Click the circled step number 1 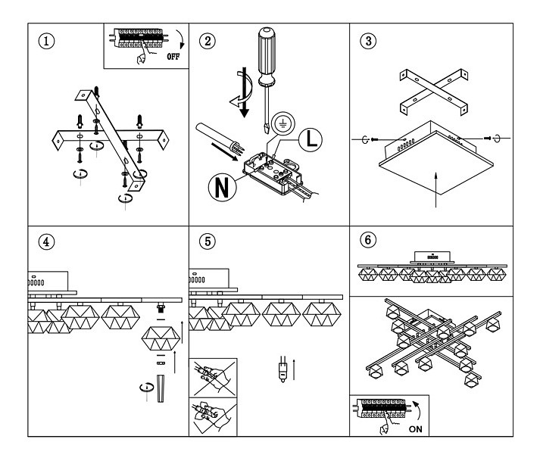[x=46, y=42]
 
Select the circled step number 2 [x=208, y=42]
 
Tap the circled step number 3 [x=368, y=41]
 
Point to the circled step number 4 [x=46, y=241]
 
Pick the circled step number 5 [x=208, y=241]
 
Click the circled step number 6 [x=368, y=240]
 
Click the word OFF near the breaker [x=173, y=57]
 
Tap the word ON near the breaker [x=415, y=429]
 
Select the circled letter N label [x=223, y=188]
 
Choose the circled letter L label [x=311, y=139]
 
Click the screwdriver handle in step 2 [x=267, y=56]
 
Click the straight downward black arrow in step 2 [x=244, y=92]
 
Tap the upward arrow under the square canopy [x=436, y=190]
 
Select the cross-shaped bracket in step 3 [x=434, y=92]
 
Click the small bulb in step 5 [x=282, y=369]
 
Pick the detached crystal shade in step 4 [x=161, y=339]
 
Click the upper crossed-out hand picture [x=213, y=378]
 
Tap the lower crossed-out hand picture [x=213, y=417]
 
